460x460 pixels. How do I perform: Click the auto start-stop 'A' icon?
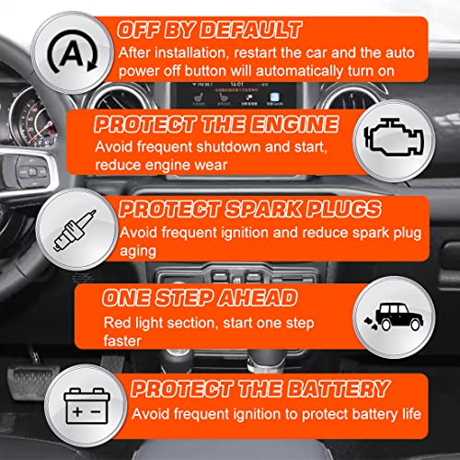coord(73,52)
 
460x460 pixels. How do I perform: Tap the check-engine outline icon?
coord(394,137)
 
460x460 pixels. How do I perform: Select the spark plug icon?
coord(75,230)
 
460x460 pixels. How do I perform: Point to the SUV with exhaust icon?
coord(394,316)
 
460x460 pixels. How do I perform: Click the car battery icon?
coord(86,406)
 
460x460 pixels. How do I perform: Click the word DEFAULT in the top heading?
coord(251,30)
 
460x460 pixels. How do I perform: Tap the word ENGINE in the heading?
coord(294,124)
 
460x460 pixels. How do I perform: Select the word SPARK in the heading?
coord(263,209)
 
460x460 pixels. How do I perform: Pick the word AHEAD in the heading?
coord(258,297)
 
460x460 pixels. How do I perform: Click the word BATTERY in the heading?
coord(339,388)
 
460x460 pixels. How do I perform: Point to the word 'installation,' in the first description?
coord(192,52)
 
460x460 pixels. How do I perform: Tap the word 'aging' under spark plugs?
coord(138,252)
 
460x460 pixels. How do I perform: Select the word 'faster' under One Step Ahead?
coord(122,340)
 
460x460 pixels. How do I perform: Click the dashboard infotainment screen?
coord(234,95)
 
